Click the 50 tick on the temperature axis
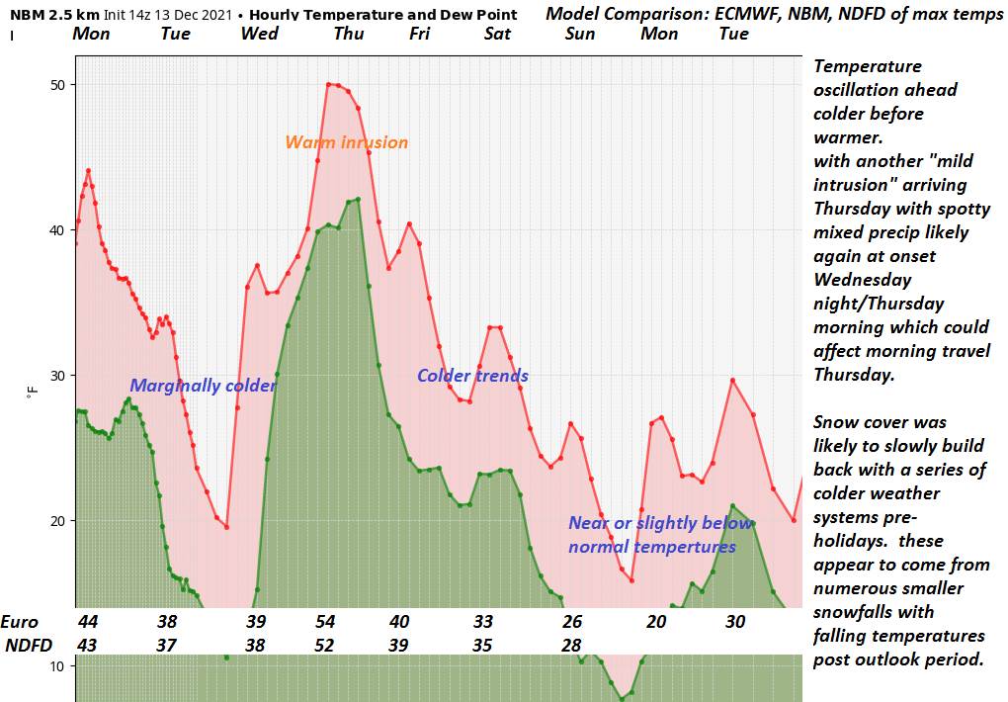(58, 85)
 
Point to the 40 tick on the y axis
(58, 230)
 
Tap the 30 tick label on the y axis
(58, 376)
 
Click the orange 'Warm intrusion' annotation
(346, 142)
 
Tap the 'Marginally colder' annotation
(203, 386)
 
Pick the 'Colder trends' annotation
(472, 376)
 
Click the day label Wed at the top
(259, 34)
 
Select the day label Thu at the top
(348, 34)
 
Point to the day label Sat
(497, 34)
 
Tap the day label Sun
(580, 34)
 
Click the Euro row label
(20, 622)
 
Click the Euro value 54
(325, 622)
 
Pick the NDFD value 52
(325, 645)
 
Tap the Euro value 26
(572, 622)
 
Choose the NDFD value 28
(572, 645)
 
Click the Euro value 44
(88, 622)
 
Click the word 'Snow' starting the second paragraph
(836, 422)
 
